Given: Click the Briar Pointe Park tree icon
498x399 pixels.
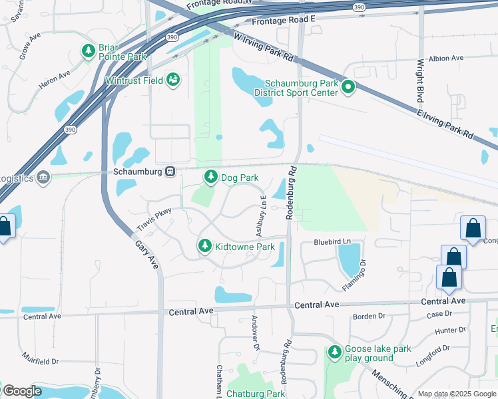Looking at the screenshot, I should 88,51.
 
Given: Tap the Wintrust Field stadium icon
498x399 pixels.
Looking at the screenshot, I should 173,80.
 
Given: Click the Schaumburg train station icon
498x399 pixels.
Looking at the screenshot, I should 170,172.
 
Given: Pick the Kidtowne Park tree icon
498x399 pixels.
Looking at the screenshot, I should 204,247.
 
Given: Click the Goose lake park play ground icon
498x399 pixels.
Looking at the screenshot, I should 334,353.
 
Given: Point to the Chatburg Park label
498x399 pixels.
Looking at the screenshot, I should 256,394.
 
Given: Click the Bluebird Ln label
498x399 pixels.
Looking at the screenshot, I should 332,241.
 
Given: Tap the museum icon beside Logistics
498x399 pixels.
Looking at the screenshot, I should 43,178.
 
